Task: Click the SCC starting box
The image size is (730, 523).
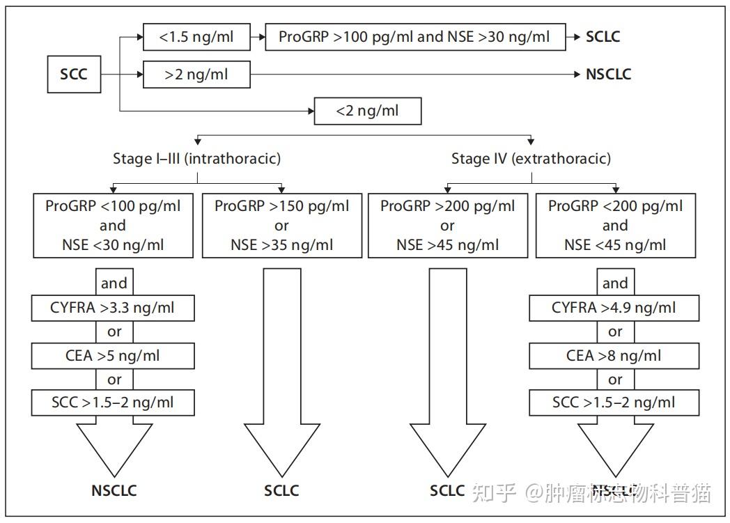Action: point(74,74)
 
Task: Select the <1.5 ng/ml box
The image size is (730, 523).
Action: point(196,37)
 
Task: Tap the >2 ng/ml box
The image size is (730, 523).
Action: point(196,74)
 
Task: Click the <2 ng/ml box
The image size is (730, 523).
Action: point(368,111)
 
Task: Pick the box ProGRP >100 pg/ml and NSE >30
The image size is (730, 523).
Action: point(414,37)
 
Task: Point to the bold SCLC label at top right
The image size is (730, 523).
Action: point(603,37)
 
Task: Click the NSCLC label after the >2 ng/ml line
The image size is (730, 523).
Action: point(608,74)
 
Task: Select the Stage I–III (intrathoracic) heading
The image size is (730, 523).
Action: point(196,159)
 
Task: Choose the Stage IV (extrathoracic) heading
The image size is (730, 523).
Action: point(531,159)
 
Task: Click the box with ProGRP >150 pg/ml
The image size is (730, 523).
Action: point(281,225)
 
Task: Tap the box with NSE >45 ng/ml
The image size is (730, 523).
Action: point(447,225)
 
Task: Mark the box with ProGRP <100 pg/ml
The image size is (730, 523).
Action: point(113,225)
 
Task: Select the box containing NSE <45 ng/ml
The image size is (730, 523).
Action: point(614,225)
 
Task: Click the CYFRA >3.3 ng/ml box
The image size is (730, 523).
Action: point(113,308)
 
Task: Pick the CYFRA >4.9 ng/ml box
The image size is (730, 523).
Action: point(614,308)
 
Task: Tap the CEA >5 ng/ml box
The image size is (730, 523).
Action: point(113,356)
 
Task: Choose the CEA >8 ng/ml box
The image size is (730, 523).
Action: point(614,356)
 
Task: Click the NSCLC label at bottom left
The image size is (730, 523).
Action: point(114,490)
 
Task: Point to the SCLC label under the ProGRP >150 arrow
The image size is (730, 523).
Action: point(281,490)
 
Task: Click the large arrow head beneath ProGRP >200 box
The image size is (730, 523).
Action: point(447,448)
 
